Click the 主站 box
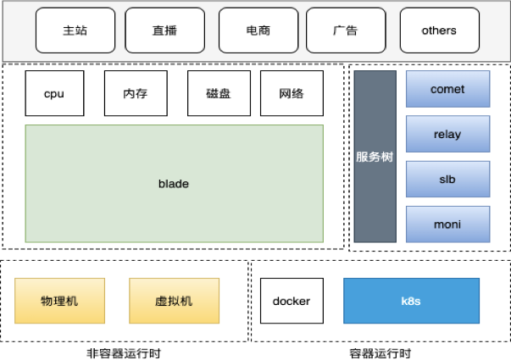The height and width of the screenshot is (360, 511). coord(75,30)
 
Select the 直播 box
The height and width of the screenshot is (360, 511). coord(164,30)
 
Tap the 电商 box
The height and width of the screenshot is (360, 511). coord(258,30)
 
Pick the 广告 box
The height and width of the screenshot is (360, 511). coord(345,30)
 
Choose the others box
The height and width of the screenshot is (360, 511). coord(439,30)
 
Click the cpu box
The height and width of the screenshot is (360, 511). coord(55,94)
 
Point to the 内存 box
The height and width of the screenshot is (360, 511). coord(136,94)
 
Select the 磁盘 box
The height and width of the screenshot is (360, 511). coord(218,94)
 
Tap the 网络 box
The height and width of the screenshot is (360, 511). coord(292,94)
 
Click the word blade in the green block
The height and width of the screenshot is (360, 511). coord(174,184)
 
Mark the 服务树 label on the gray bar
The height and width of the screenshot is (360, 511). coord(375,157)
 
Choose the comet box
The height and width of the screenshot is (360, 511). coord(447,89)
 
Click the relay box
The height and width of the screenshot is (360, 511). coord(447,134)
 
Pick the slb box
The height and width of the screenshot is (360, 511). coord(447,179)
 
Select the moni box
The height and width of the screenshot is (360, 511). coord(447,224)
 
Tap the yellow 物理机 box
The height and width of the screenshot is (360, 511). coord(59,301)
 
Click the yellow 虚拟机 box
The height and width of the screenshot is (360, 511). coord(174,301)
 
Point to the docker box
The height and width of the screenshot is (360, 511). coord(292,301)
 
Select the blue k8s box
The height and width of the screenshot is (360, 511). coord(411,301)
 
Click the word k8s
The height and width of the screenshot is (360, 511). coord(411,301)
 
